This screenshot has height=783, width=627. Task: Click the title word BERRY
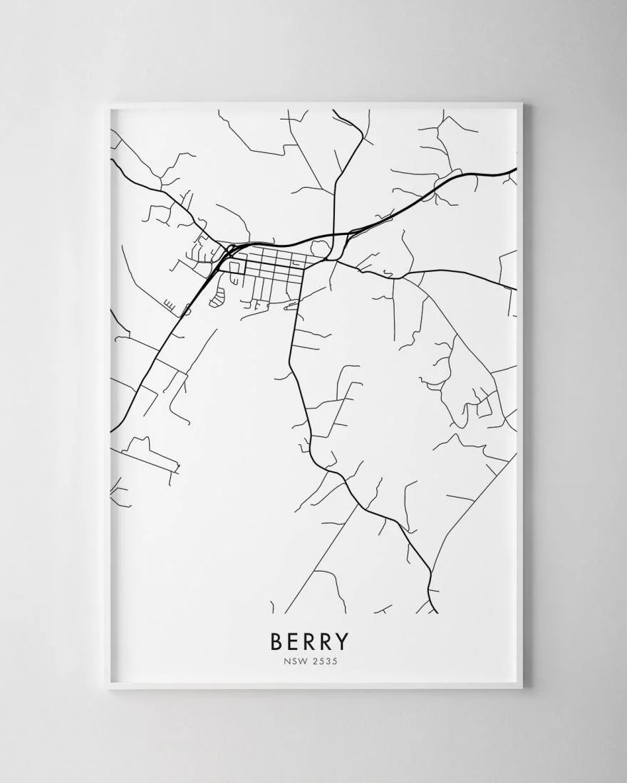310,641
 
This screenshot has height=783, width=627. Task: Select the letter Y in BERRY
343,641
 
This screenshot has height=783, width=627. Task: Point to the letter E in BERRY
294,641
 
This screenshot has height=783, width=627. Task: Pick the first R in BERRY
310,641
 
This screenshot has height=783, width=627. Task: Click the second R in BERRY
326,641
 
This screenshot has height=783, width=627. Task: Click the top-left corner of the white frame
106,105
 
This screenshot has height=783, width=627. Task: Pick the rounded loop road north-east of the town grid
318,248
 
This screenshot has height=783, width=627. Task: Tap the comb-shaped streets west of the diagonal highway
170,304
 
